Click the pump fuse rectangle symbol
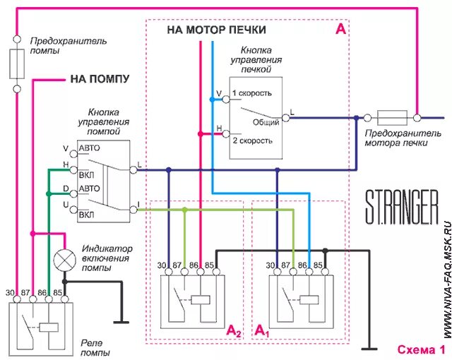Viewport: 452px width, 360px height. [17, 64]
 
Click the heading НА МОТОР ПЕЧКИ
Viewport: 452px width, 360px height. [217, 30]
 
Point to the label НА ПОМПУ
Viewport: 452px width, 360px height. [100, 79]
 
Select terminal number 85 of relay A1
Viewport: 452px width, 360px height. [319, 266]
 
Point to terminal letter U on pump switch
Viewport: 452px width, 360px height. [66, 204]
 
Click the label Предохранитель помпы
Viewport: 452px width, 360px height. [68, 46]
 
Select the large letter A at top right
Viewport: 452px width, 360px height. [341, 29]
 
